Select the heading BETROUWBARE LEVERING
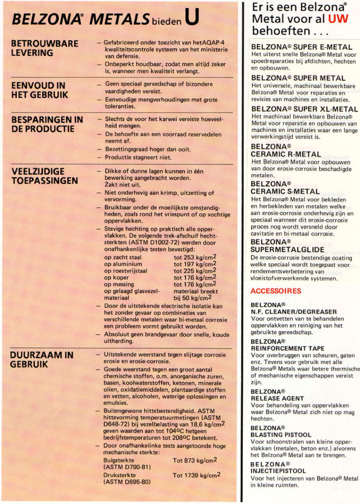coord(45,48)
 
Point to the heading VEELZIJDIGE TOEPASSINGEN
coord(45,176)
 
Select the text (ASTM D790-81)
coord(128,468)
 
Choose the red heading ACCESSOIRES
coord(276,291)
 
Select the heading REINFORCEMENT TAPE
coord(287,348)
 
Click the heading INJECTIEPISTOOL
coord(278,471)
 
